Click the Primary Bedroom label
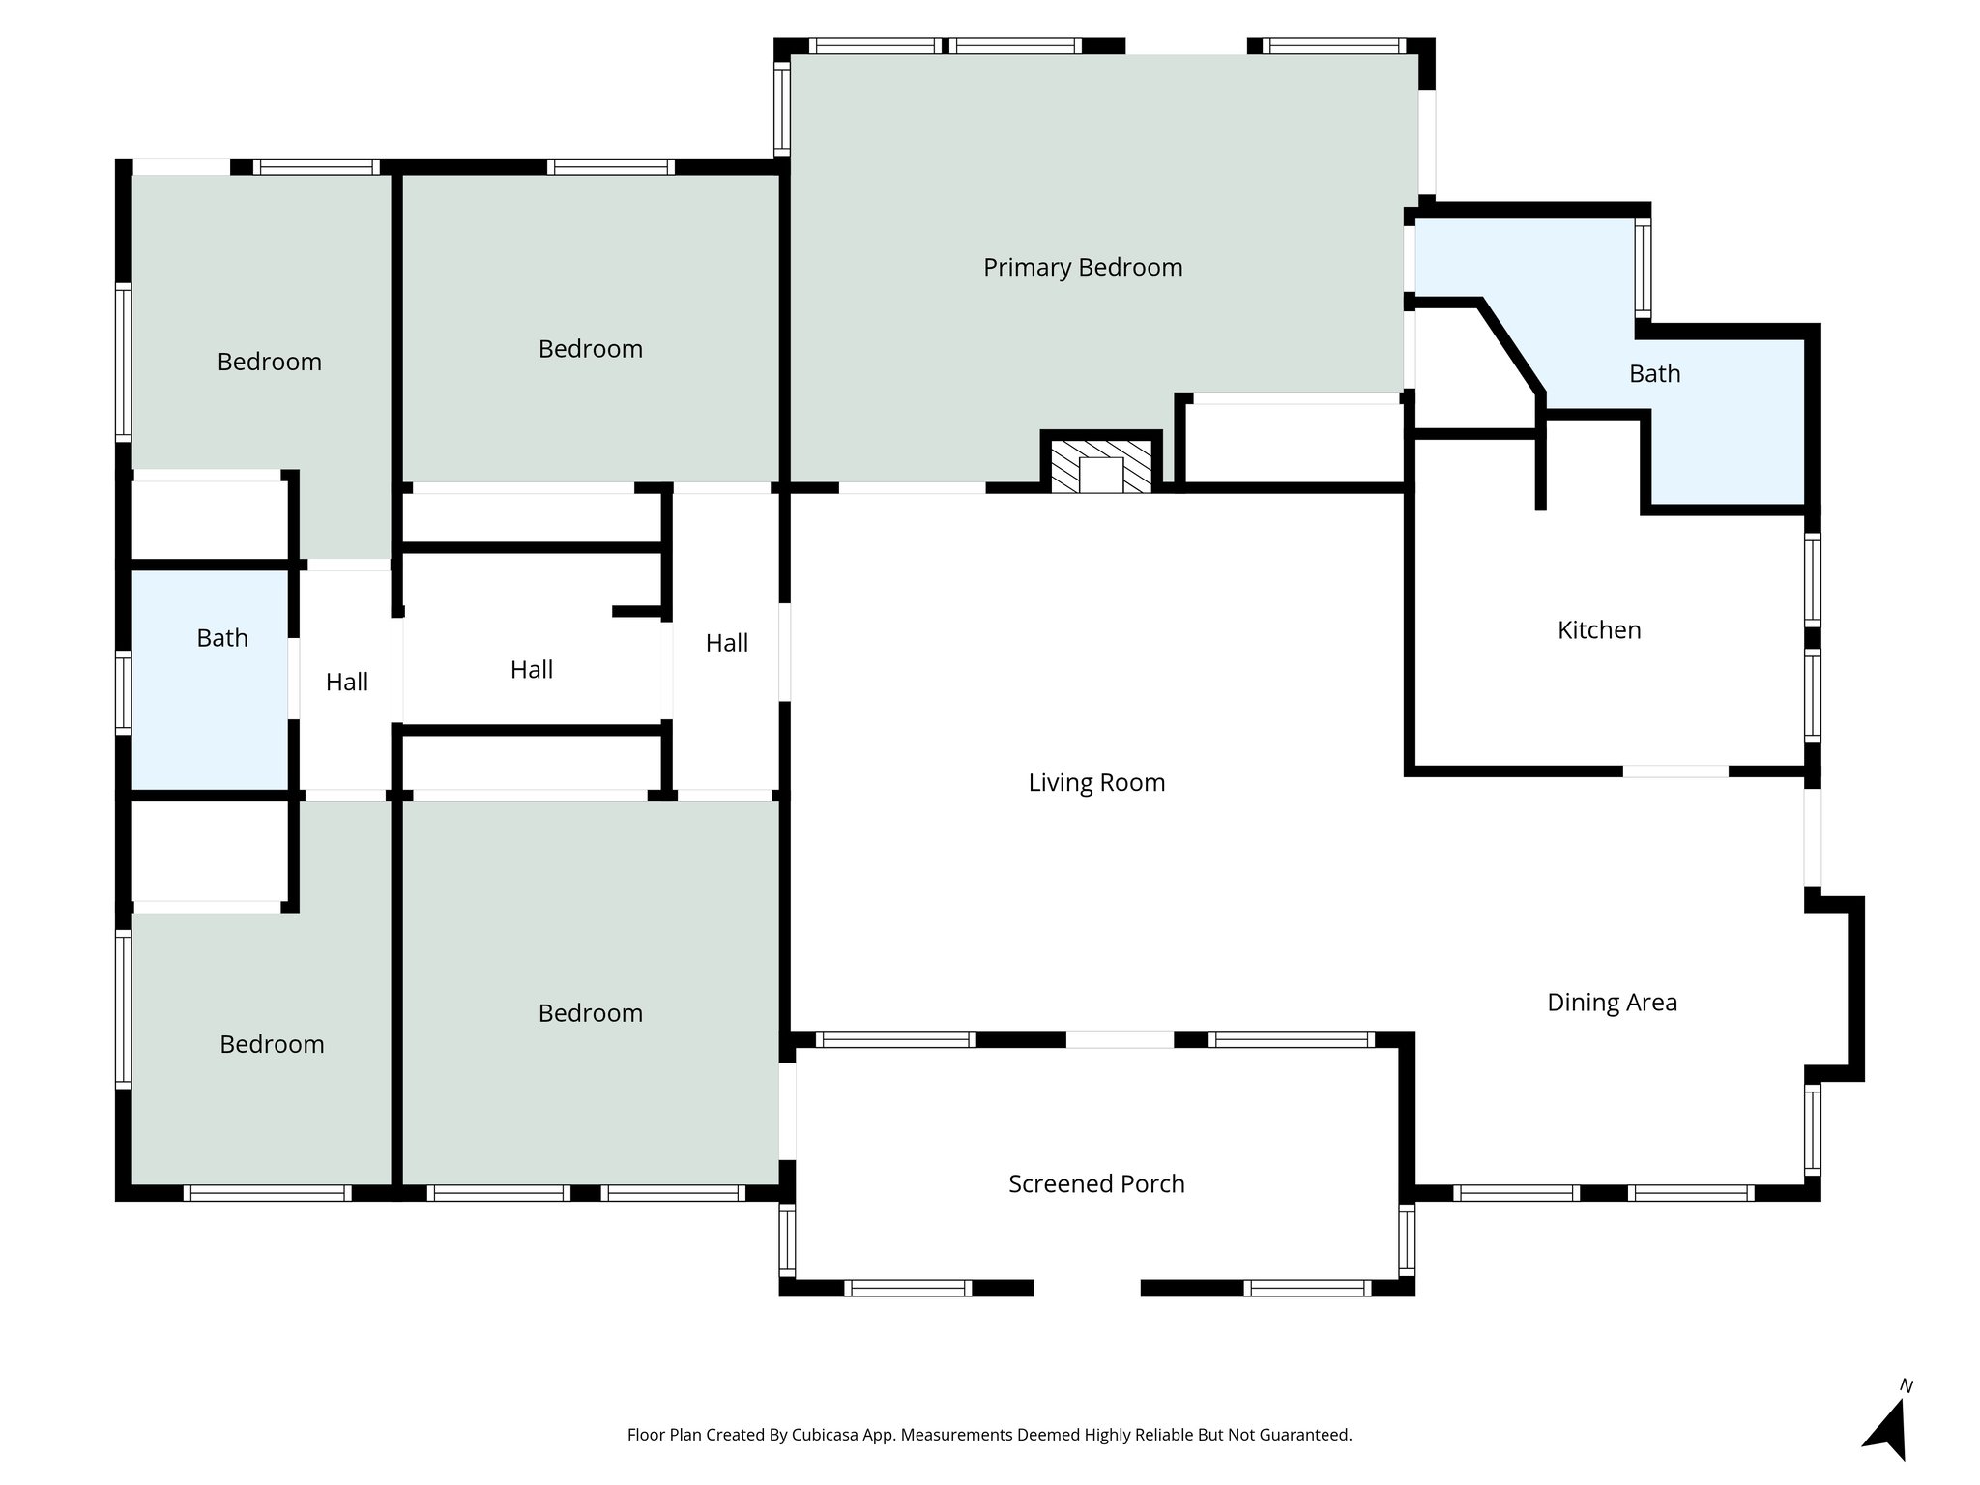point(1082,268)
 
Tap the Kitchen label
point(1598,630)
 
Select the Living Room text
point(1095,782)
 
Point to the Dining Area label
point(1611,1003)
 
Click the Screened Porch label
point(1095,1184)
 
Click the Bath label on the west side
point(221,638)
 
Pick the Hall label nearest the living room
point(726,643)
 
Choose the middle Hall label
point(531,669)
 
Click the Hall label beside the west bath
point(346,683)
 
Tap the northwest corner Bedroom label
point(269,363)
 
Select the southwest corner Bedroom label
point(271,1044)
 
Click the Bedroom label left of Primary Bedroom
point(590,349)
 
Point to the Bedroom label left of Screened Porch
point(590,1013)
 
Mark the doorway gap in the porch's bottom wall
point(1087,1288)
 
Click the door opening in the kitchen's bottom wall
point(1674,772)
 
